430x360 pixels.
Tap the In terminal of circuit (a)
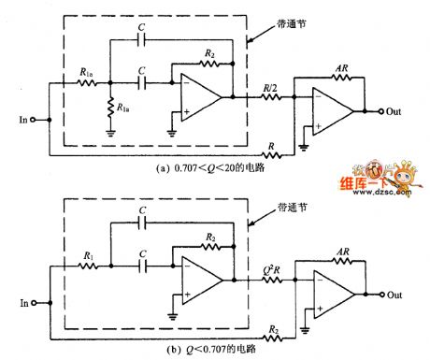[35, 121]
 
